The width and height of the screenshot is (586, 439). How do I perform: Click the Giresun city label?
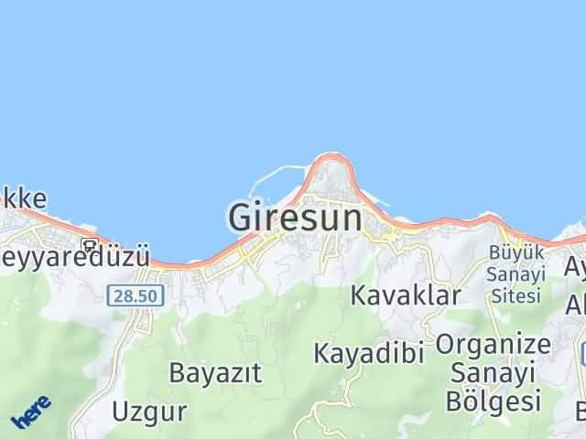[x=294, y=217]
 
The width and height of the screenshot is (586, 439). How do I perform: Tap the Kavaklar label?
[x=406, y=295]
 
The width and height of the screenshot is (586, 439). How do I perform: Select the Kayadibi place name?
[x=369, y=352]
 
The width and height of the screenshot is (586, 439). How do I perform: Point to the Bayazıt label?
[x=215, y=372]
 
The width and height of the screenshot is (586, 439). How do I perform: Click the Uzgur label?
[x=149, y=410]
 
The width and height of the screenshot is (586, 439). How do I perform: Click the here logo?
[x=31, y=412]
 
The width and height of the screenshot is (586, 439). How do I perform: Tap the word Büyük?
[x=516, y=252]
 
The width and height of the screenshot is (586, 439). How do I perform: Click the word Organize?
[x=494, y=345]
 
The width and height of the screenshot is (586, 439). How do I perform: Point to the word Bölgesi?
[x=494, y=400]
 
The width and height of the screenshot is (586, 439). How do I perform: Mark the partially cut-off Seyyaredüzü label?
[x=73, y=257]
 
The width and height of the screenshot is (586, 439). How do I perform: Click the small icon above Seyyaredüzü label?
[x=89, y=244]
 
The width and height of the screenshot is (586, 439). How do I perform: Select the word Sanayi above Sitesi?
[x=516, y=274]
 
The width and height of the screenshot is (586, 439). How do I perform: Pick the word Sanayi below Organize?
[x=494, y=372]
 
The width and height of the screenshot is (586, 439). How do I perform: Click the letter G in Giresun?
[x=240, y=217]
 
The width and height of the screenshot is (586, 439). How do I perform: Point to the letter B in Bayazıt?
[x=177, y=372]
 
